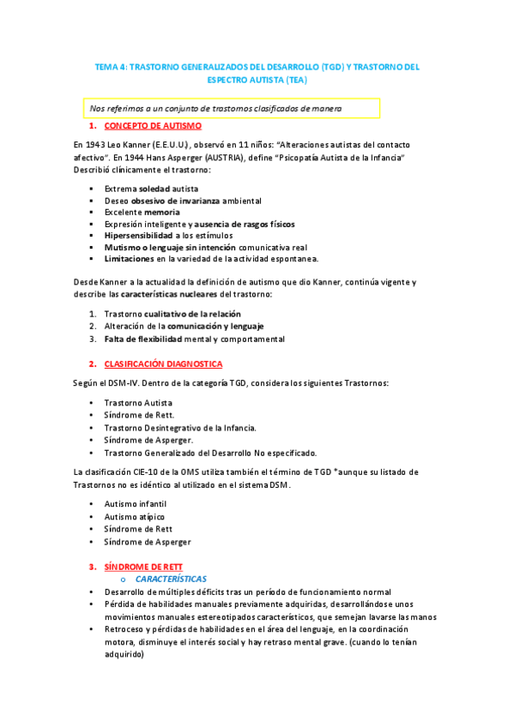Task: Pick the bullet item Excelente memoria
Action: coord(142,212)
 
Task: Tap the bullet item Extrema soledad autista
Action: coord(151,188)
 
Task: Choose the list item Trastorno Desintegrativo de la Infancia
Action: coord(179,427)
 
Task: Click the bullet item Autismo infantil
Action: coord(135,505)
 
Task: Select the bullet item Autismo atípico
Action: coord(134,517)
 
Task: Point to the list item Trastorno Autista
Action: coord(138,402)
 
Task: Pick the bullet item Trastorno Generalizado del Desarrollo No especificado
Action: coord(210,453)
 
